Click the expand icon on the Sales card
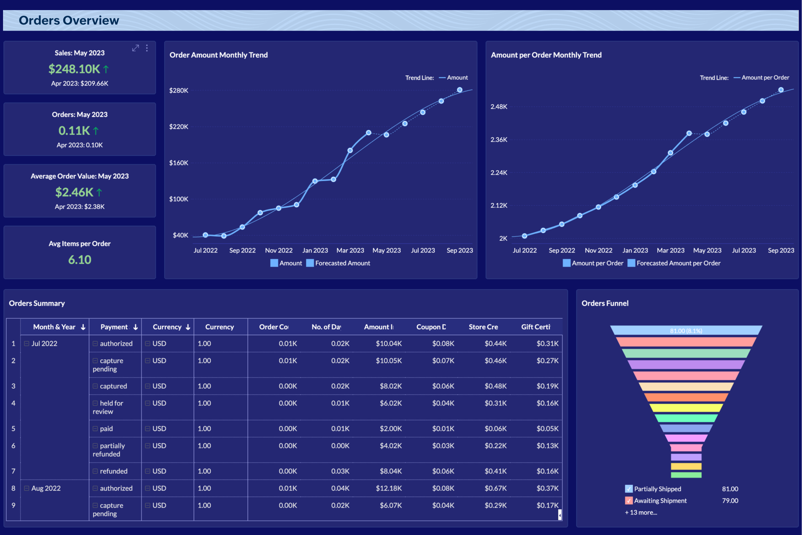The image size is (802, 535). (x=136, y=48)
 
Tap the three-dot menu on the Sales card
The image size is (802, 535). (x=147, y=48)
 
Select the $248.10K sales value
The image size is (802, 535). (x=74, y=69)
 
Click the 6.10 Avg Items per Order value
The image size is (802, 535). (x=79, y=260)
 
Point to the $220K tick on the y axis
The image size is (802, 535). (x=179, y=127)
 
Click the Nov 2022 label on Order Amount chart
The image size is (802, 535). (x=279, y=250)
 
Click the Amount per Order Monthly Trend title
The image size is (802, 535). (x=546, y=55)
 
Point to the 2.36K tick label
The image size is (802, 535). (x=499, y=140)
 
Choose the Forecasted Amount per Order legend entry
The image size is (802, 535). (x=674, y=263)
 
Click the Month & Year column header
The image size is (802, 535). (x=54, y=327)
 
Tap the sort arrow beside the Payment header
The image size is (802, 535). (x=136, y=327)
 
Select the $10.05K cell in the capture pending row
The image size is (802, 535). (x=389, y=361)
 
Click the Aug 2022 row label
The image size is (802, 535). (x=46, y=488)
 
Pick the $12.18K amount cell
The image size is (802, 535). (x=389, y=488)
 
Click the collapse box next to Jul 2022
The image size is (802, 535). (x=27, y=344)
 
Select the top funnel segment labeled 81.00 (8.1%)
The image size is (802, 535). (x=686, y=330)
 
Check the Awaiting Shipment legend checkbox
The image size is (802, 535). (x=629, y=501)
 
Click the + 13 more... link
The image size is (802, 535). (x=641, y=512)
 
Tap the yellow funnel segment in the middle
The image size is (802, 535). (x=686, y=408)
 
